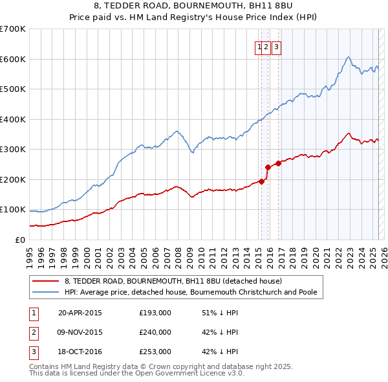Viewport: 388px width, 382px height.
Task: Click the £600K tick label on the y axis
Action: [x=13, y=59]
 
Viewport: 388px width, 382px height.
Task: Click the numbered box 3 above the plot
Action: [x=276, y=46]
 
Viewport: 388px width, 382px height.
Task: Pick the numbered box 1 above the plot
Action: [x=259, y=46]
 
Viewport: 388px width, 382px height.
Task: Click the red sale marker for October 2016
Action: [x=278, y=163]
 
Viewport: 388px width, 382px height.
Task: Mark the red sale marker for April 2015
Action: [x=261, y=181]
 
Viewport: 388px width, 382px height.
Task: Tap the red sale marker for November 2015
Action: [x=268, y=167]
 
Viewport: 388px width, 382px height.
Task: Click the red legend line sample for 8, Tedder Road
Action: [x=45, y=282]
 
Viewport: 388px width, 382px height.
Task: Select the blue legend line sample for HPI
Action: [x=45, y=292]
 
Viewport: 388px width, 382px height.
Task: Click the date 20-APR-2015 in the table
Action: [x=80, y=313]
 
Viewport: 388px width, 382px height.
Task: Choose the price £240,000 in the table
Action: [x=155, y=332]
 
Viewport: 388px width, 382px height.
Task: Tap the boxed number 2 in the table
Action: [x=33, y=332]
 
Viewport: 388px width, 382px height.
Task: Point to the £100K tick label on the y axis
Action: [x=13, y=210]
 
